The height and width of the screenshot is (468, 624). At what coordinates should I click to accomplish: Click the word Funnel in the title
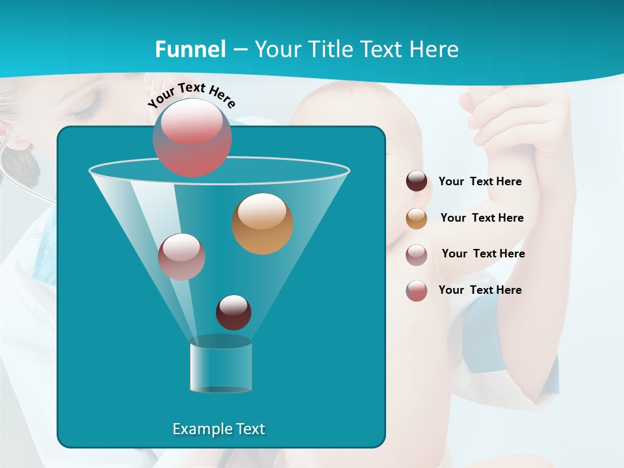pyautogui.click(x=190, y=49)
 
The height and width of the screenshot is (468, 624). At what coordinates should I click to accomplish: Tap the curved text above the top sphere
pyautogui.click(x=192, y=95)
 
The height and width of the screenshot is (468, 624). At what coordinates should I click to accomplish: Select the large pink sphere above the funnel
pyautogui.click(x=192, y=138)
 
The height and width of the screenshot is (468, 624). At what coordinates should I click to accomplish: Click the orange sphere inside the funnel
pyautogui.click(x=263, y=224)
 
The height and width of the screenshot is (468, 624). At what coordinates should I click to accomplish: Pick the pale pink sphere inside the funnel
pyautogui.click(x=182, y=257)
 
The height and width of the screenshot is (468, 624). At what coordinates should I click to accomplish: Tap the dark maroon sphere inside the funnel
pyautogui.click(x=233, y=312)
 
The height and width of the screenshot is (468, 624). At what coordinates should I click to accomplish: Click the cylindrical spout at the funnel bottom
pyautogui.click(x=220, y=367)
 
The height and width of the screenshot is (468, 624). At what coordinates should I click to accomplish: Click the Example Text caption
pyautogui.click(x=218, y=429)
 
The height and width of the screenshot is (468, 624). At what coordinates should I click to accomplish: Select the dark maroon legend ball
pyautogui.click(x=417, y=181)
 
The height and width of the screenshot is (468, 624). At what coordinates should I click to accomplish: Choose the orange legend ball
pyautogui.click(x=417, y=218)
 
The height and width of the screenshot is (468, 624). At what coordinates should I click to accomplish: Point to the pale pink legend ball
pyautogui.click(x=417, y=254)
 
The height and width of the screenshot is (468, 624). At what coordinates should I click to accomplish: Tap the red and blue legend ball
pyautogui.click(x=417, y=291)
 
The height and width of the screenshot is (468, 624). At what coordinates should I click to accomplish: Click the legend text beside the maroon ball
pyautogui.click(x=480, y=182)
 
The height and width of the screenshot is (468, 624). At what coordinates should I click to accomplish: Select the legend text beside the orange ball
pyautogui.click(x=482, y=218)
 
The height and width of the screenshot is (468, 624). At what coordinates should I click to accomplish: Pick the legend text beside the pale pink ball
pyautogui.click(x=483, y=253)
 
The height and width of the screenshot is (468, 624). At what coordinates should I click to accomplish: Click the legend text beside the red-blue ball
pyautogui.click(x=480, y=290)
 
